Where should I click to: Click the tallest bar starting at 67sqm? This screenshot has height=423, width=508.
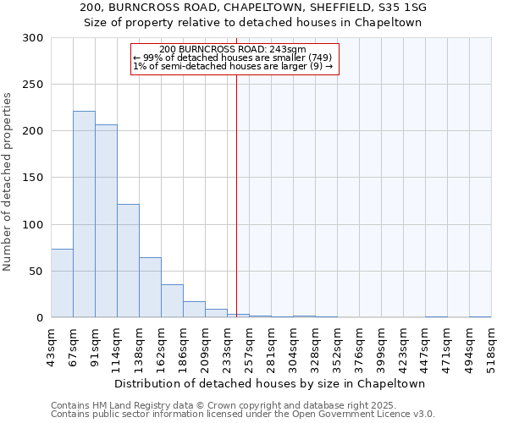[84, 214]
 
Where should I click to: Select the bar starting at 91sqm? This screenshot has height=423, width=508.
[106, 221]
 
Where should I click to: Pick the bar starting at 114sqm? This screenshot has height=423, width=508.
[128, 261]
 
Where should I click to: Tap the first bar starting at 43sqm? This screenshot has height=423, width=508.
[62, 283]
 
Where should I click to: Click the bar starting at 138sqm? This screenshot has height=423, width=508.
[150, 288]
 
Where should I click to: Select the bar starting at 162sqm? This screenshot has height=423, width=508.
[172, 301]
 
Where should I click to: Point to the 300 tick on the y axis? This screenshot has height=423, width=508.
[33, 38]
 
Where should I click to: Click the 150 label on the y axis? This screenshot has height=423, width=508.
[33, 178]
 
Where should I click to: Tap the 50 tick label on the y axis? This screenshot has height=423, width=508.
[36, 272]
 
